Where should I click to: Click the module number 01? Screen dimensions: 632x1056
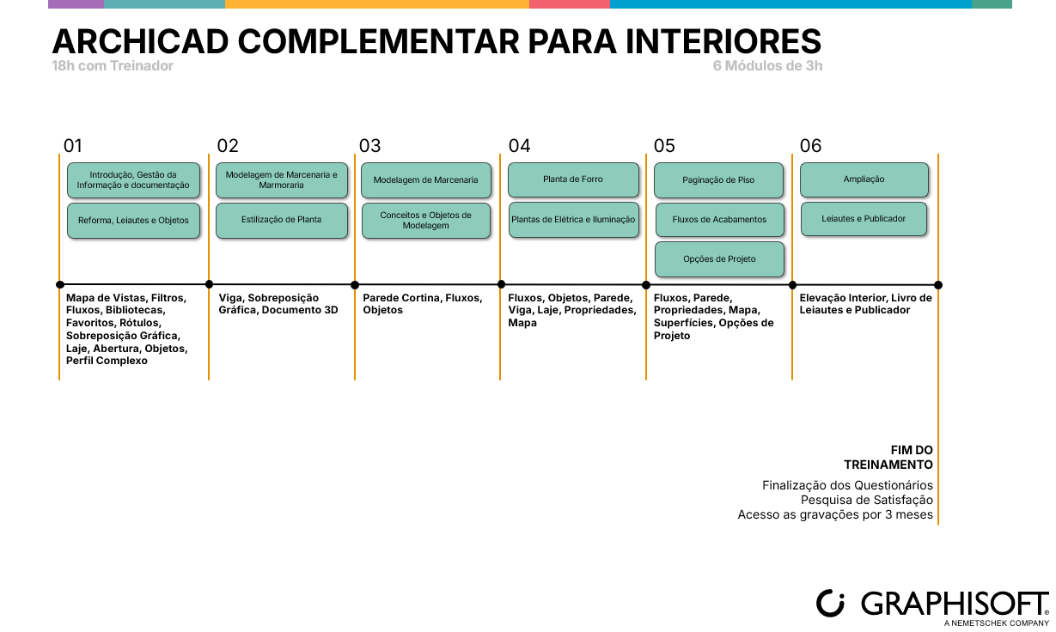[x=73, y=146]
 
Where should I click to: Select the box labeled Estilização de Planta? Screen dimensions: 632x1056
[x=282, y=220]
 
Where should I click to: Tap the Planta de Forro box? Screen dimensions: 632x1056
[x=573, y=179]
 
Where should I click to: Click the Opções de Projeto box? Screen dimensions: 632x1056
[x=719, y=259]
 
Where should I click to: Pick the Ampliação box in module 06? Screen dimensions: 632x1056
[x=864, y=179]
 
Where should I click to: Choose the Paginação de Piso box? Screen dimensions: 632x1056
[x=718, y=180]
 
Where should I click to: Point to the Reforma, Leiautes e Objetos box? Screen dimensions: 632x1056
[x=133, y=221]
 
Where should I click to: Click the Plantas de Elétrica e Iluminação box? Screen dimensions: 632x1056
[x=573, y=220]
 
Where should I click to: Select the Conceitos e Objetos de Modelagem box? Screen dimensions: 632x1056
[x=426, y=221]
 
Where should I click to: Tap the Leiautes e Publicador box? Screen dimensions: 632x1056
[x=864, y=219]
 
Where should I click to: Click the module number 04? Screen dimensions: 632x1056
[x=519, y=146]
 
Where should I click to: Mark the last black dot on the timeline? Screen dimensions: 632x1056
[x=938, y=285]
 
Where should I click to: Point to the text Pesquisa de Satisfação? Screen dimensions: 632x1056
[x=867, y=500]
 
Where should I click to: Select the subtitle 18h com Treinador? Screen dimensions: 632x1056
[x=113, y=66]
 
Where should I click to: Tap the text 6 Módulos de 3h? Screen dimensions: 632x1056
[x=767, y=66]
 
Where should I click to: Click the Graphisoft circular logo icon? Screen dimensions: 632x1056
[x=831, y=603]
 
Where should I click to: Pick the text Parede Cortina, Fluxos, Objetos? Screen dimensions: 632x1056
[x=423, y=304]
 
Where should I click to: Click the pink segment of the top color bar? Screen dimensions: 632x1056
[x=569, y=4]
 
